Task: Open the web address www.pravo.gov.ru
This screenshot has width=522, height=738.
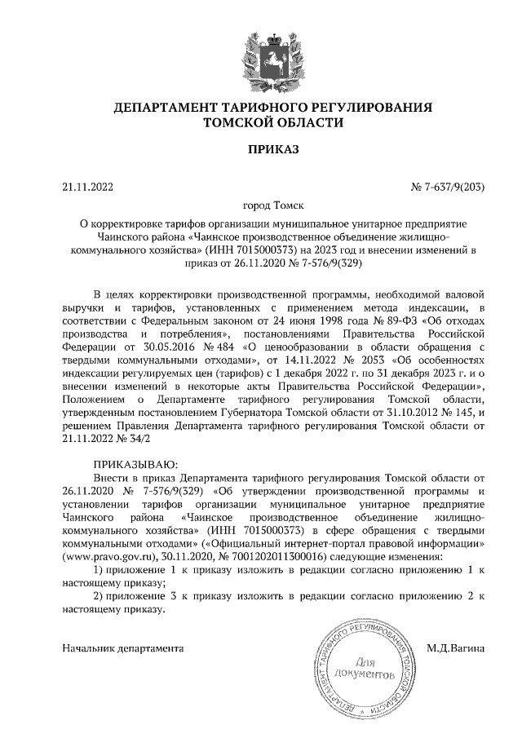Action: pos(104,555)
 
